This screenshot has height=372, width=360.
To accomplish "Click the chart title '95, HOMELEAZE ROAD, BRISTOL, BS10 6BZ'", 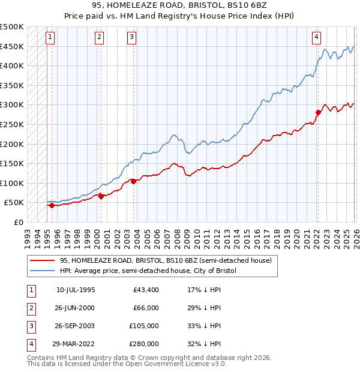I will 180,7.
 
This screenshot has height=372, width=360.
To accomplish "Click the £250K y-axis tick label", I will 12,124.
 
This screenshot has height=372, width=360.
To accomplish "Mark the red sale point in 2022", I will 318,112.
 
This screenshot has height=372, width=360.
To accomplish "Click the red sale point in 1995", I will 51,205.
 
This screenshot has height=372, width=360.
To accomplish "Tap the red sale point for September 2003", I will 133,181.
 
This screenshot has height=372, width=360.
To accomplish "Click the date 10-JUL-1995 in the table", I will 76,290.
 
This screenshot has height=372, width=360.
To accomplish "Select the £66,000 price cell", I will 146,308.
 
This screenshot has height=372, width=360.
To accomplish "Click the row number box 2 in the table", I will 30,308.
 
